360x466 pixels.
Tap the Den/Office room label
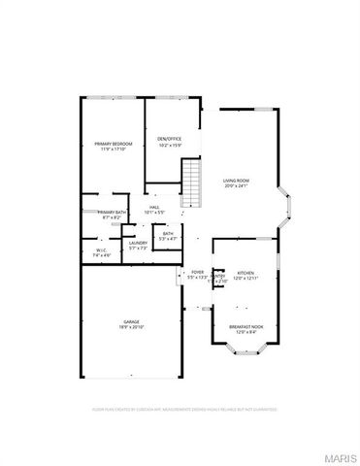(x=170, y=139)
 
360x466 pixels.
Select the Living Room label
(x=237, y=181)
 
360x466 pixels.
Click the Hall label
(x=153, y=208)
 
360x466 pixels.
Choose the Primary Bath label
(x=111, y=213)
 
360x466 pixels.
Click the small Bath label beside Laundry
(x=168, y=233)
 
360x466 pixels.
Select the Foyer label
(x=197, y=272)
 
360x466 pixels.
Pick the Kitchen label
(x=245, y=273)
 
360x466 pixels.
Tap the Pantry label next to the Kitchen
(x=219, y=277)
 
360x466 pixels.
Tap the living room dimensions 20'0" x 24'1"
(x=237, y=186)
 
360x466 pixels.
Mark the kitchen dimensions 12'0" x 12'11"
(x=245, y=278)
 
